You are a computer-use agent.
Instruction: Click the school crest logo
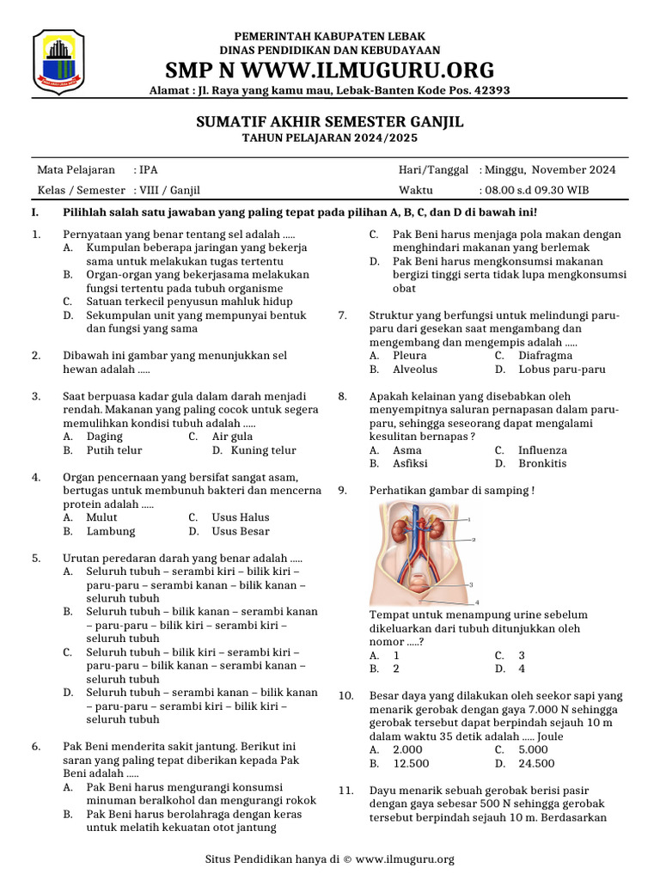pyautogui.click(x=58, y=61)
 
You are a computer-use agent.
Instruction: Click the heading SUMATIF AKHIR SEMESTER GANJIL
pyautogui.click(x=330, y=123)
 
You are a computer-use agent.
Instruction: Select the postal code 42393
pyautogui.click(x=492, y=89)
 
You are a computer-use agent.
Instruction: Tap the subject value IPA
pyautogui.click(x=149, y=170)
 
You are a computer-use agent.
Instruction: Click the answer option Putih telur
pyautogui.click(x=114, y=450)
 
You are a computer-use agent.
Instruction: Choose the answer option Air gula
pyautogui.click(x=231, y=437)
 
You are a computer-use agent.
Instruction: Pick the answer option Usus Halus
pyautogui.click(x=241, y=517)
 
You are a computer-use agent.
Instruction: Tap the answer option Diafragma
pyautogui.click(x=545, y=356)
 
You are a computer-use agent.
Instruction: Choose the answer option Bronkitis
pyautogui.click(x=542, y=463)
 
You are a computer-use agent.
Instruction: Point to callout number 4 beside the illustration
pyautogui.click(x=476, y=602)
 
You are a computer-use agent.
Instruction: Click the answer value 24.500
pyautogui.click(x=536, y=763)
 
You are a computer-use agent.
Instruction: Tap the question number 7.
pyautogui.click(x=342, y=315)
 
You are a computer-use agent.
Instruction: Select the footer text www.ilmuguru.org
pyautogui.click(x=404, y=859)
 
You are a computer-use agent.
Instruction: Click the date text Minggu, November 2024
pyautogui.click(x=549, y=170)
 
